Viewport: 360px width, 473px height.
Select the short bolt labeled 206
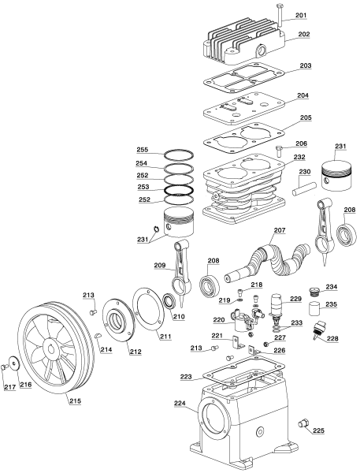280,151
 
